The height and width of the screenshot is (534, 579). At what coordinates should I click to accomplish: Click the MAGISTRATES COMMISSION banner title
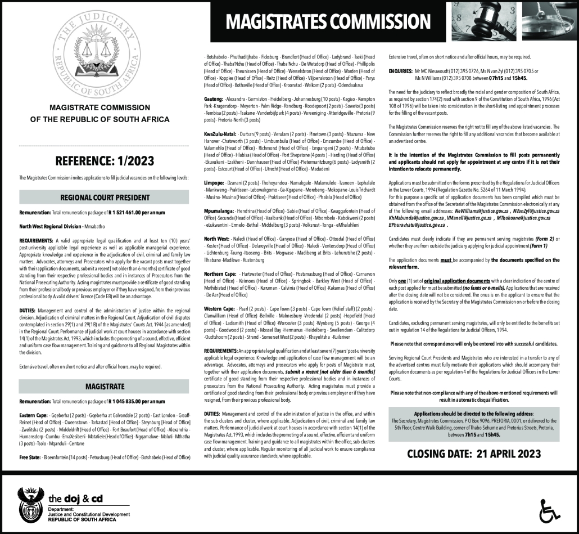pyautogui.click(x=328, y=22)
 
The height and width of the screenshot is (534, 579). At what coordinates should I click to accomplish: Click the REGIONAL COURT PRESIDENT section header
pyautogui.click(x=105, y=198)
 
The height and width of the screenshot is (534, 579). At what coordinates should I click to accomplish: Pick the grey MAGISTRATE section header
pyautogui.click(x=105, y=387)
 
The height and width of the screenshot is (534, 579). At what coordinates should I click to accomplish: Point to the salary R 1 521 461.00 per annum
pyautogui.click(x=133, y=214)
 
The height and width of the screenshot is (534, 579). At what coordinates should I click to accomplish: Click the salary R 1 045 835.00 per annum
pyautogui.click(x=133, y=402)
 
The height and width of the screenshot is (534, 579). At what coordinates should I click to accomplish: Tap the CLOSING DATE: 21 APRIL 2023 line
pyautogui.click(x=474, y=454)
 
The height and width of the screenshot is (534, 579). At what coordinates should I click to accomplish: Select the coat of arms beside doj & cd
pyautogui.click(x=32, y=504)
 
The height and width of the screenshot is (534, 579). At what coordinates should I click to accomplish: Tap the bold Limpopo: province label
pyautogui.click(x=214, y=183)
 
